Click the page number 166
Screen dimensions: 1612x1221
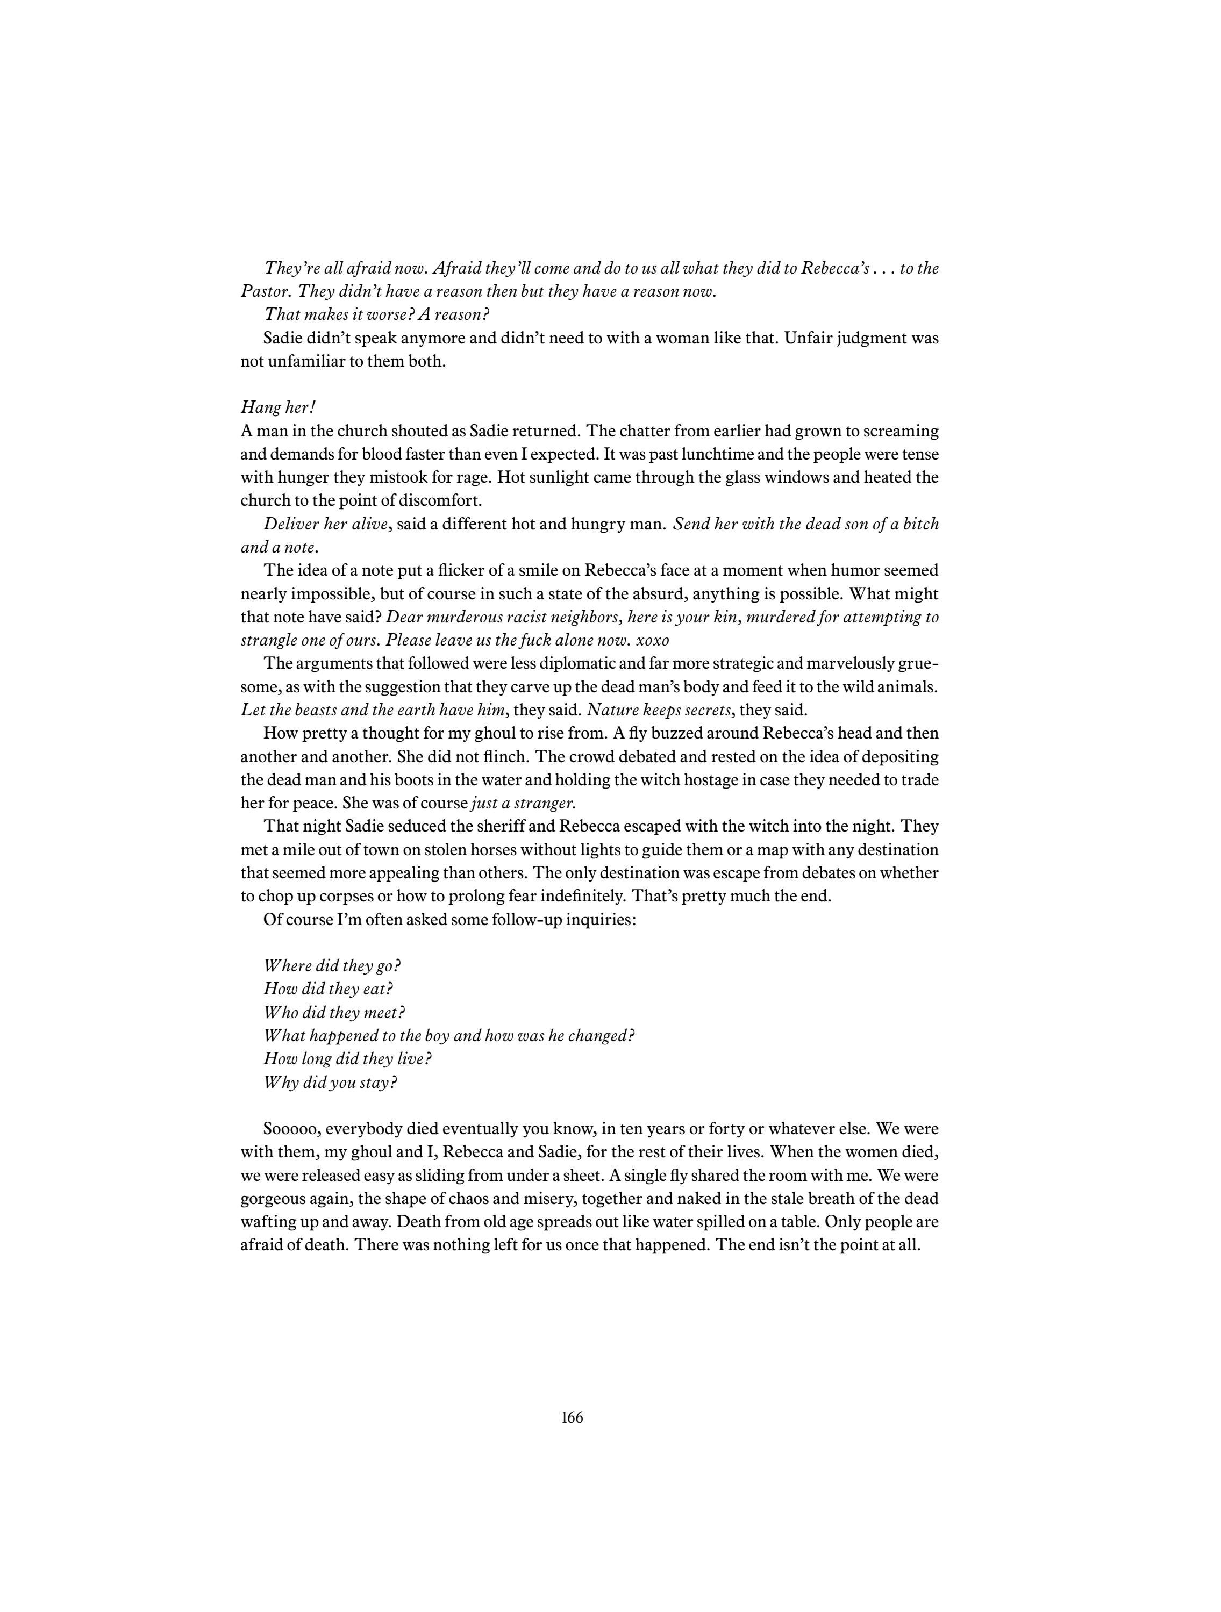[572, 1417]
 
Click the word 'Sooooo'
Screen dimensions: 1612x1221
[290, 1129]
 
